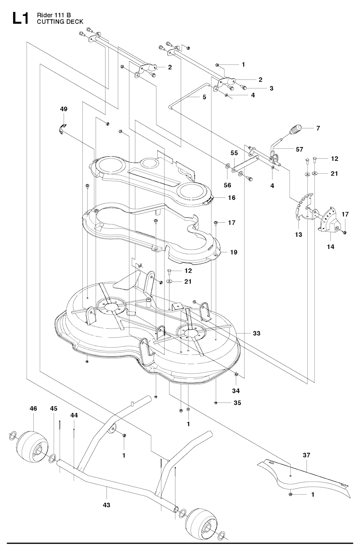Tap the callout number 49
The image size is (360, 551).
coord(63,109)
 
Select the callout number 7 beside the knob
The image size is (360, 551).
coord(318,128)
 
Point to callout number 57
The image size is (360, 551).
coord(299,149)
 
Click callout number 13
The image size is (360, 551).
coord(298,235)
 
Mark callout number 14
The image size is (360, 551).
coord(330,247)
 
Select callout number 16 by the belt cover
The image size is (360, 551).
coord(231,198)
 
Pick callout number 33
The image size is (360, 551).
coord(257,333)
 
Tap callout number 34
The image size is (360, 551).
coord(236,391)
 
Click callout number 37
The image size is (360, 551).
coord(307,455)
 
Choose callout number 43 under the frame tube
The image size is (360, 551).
coord(107,505)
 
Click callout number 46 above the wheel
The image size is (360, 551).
coord(33,409)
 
